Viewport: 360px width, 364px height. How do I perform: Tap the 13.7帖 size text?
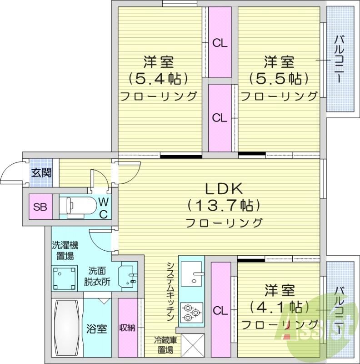click(224, 206)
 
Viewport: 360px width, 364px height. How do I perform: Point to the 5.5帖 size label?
click(278, 79)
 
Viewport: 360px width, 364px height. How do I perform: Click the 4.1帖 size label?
click(279, 306)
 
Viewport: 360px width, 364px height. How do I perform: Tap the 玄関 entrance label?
click(41, 172)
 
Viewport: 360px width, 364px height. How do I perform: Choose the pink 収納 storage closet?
click(128, 328)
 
